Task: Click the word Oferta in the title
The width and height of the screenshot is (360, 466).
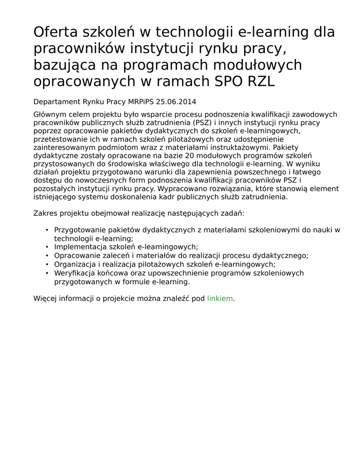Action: [x=55, y=32]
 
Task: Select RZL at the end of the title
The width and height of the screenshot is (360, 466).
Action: [x=261, y=81]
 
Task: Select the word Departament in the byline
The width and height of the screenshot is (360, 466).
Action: [x=57, y=101]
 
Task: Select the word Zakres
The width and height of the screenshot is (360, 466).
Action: [x=45, y=213]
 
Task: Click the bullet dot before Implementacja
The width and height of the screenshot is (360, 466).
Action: [x=47, y=247]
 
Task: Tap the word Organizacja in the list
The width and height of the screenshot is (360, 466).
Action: [x=74, y=264]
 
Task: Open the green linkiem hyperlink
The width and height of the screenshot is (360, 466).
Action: [x=220, y=299]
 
